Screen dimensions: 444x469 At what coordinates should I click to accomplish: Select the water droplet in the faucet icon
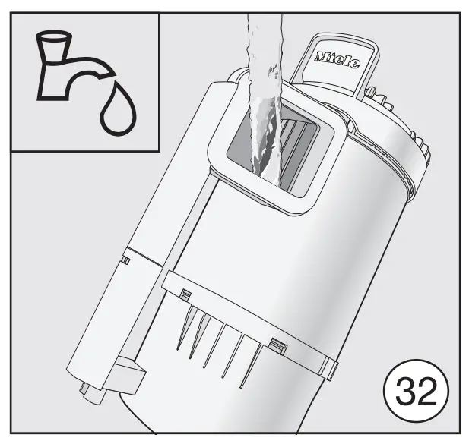[x=119, y=109]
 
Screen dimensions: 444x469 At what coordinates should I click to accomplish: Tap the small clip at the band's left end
[x=184, y=293]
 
